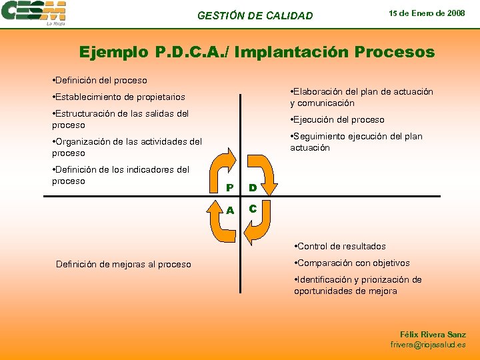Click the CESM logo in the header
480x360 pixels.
(x=34, y=13)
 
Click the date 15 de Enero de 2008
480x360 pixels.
(x=427, y=13)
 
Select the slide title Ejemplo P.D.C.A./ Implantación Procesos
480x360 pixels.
(x=257, y=52)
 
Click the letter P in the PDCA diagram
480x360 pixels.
(x=229, y=187)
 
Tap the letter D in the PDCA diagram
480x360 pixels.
(x=253, y=187)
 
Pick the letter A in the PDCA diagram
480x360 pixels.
(x=229, y=209)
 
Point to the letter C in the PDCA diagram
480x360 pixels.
(x=253, y=209)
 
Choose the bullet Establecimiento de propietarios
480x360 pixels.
(x=119, y=97)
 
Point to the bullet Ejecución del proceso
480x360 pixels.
(x=337, y=120)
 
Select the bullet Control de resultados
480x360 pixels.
(x=341, y=247)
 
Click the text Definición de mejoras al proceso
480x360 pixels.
(x=123, y=265)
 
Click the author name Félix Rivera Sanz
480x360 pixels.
(x=433, y=334)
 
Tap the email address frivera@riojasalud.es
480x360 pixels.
(x=428, y=345)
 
